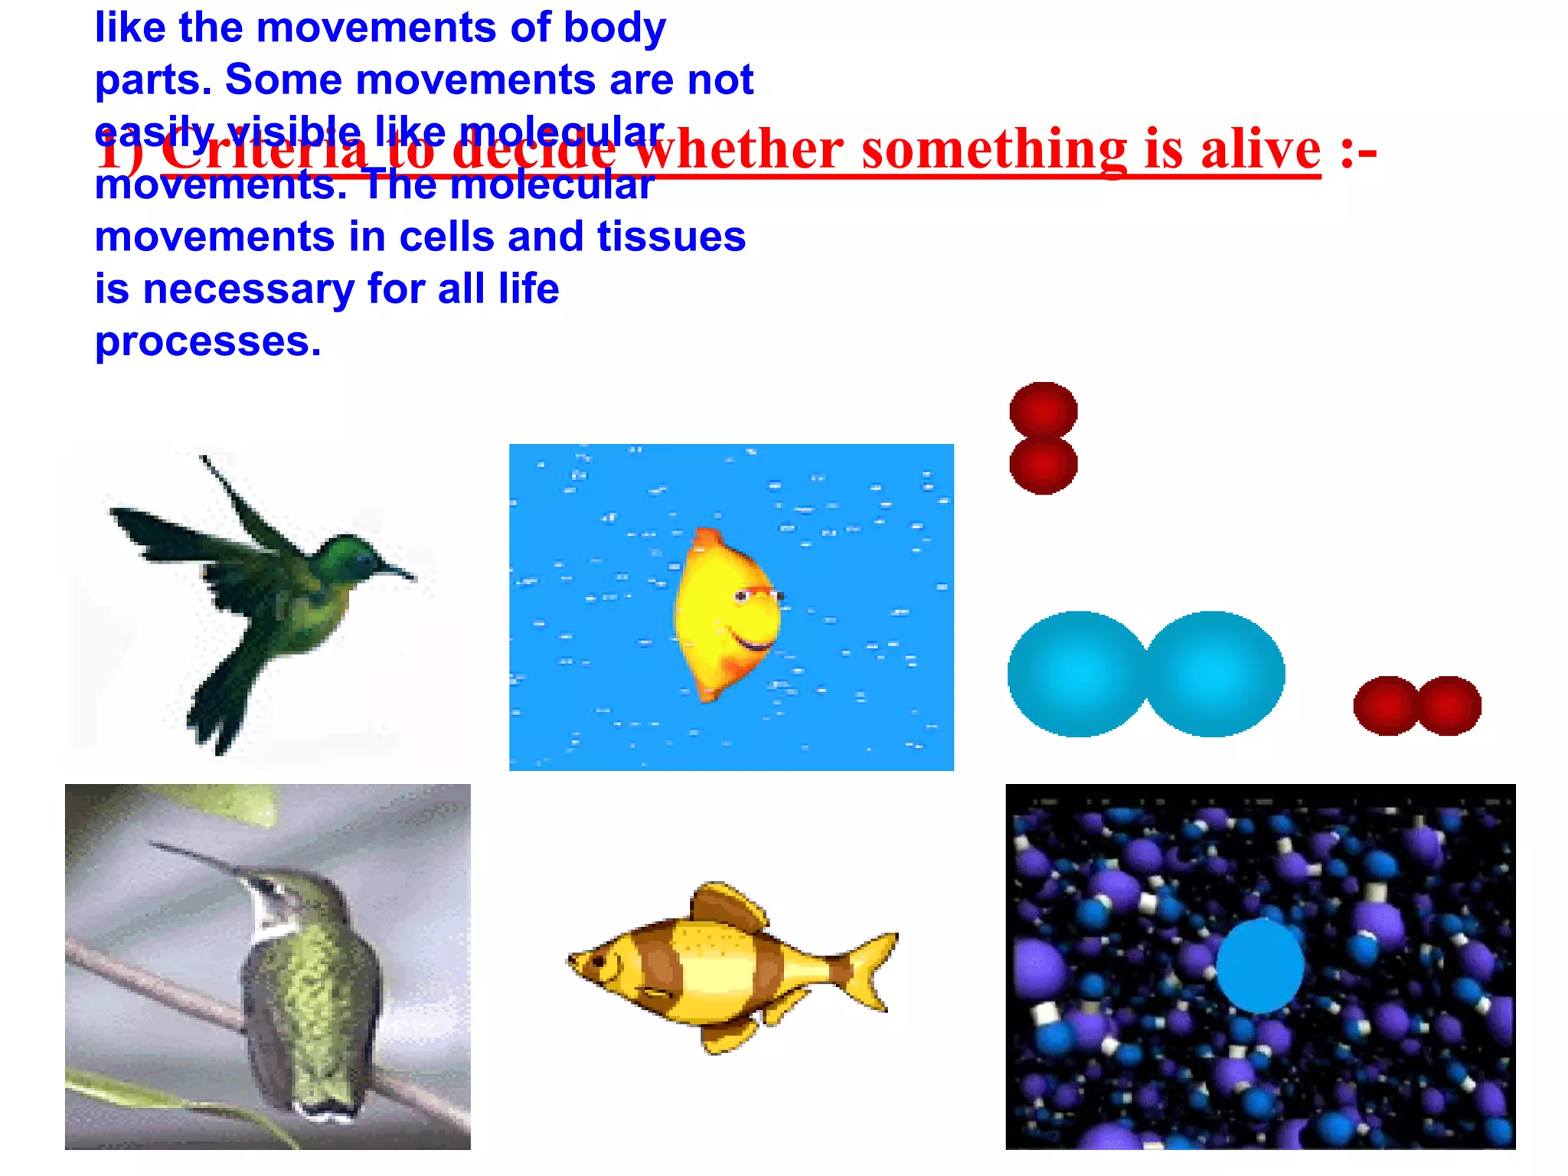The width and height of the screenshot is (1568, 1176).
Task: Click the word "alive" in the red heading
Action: (x=1260, y=149)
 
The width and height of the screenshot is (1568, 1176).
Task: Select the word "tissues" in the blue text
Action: (x=671, y=237)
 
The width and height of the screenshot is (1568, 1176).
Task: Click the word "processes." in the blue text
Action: (x=208, y=341)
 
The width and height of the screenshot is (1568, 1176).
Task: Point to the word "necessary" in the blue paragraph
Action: (x=249, y=289)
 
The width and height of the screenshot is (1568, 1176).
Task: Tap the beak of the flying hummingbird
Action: (x=398, y=571)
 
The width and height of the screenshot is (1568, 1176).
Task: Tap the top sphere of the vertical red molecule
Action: (x=1043, y=410)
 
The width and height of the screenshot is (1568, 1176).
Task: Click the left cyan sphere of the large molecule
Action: (x=1078, y=674)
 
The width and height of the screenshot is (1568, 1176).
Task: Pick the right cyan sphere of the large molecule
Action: (x=1214, y=674)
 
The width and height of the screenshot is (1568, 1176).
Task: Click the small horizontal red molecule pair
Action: (x=1417, y=705)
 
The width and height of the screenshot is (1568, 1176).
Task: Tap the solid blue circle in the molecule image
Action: (x=1259, y=966)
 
